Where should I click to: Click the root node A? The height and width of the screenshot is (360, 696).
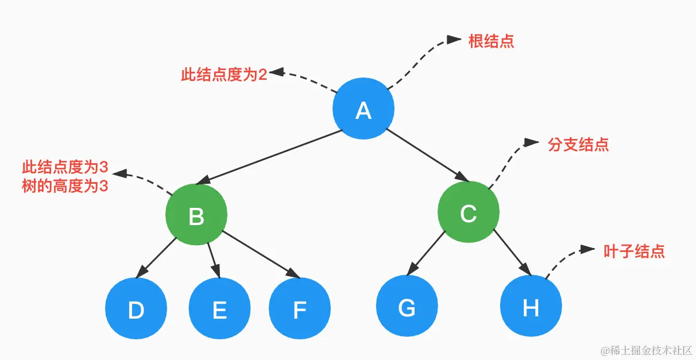(x=363, y=109)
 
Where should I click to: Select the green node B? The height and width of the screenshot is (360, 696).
(x=196, y=215)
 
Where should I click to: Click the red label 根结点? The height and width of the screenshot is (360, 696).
(x=491, y=41)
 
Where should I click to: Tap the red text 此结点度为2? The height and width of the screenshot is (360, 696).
(x=224, y=75)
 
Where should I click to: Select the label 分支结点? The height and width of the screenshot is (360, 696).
(x=578, y=145)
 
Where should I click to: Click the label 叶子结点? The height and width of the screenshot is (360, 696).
(x=634, y=251)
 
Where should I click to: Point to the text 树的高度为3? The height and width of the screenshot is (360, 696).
(x=65, y=187)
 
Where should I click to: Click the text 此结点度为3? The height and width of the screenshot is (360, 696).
(x=65, y=168)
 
